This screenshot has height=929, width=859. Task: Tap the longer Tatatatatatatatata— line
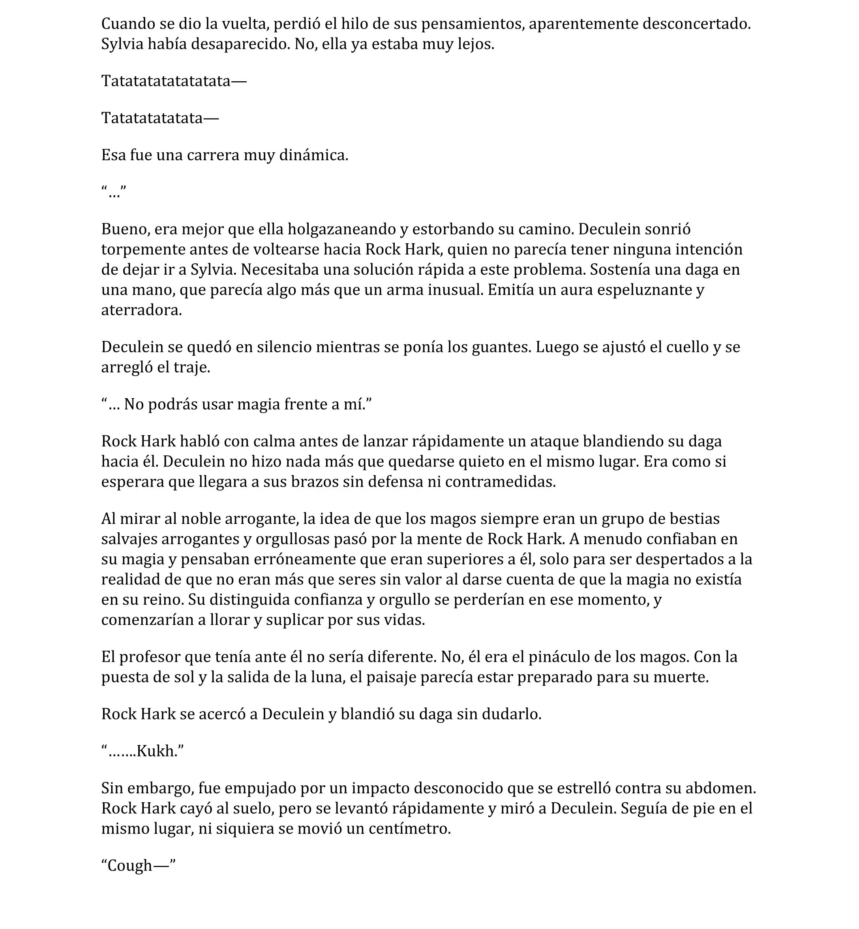173,81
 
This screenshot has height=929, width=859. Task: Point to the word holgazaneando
343,229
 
